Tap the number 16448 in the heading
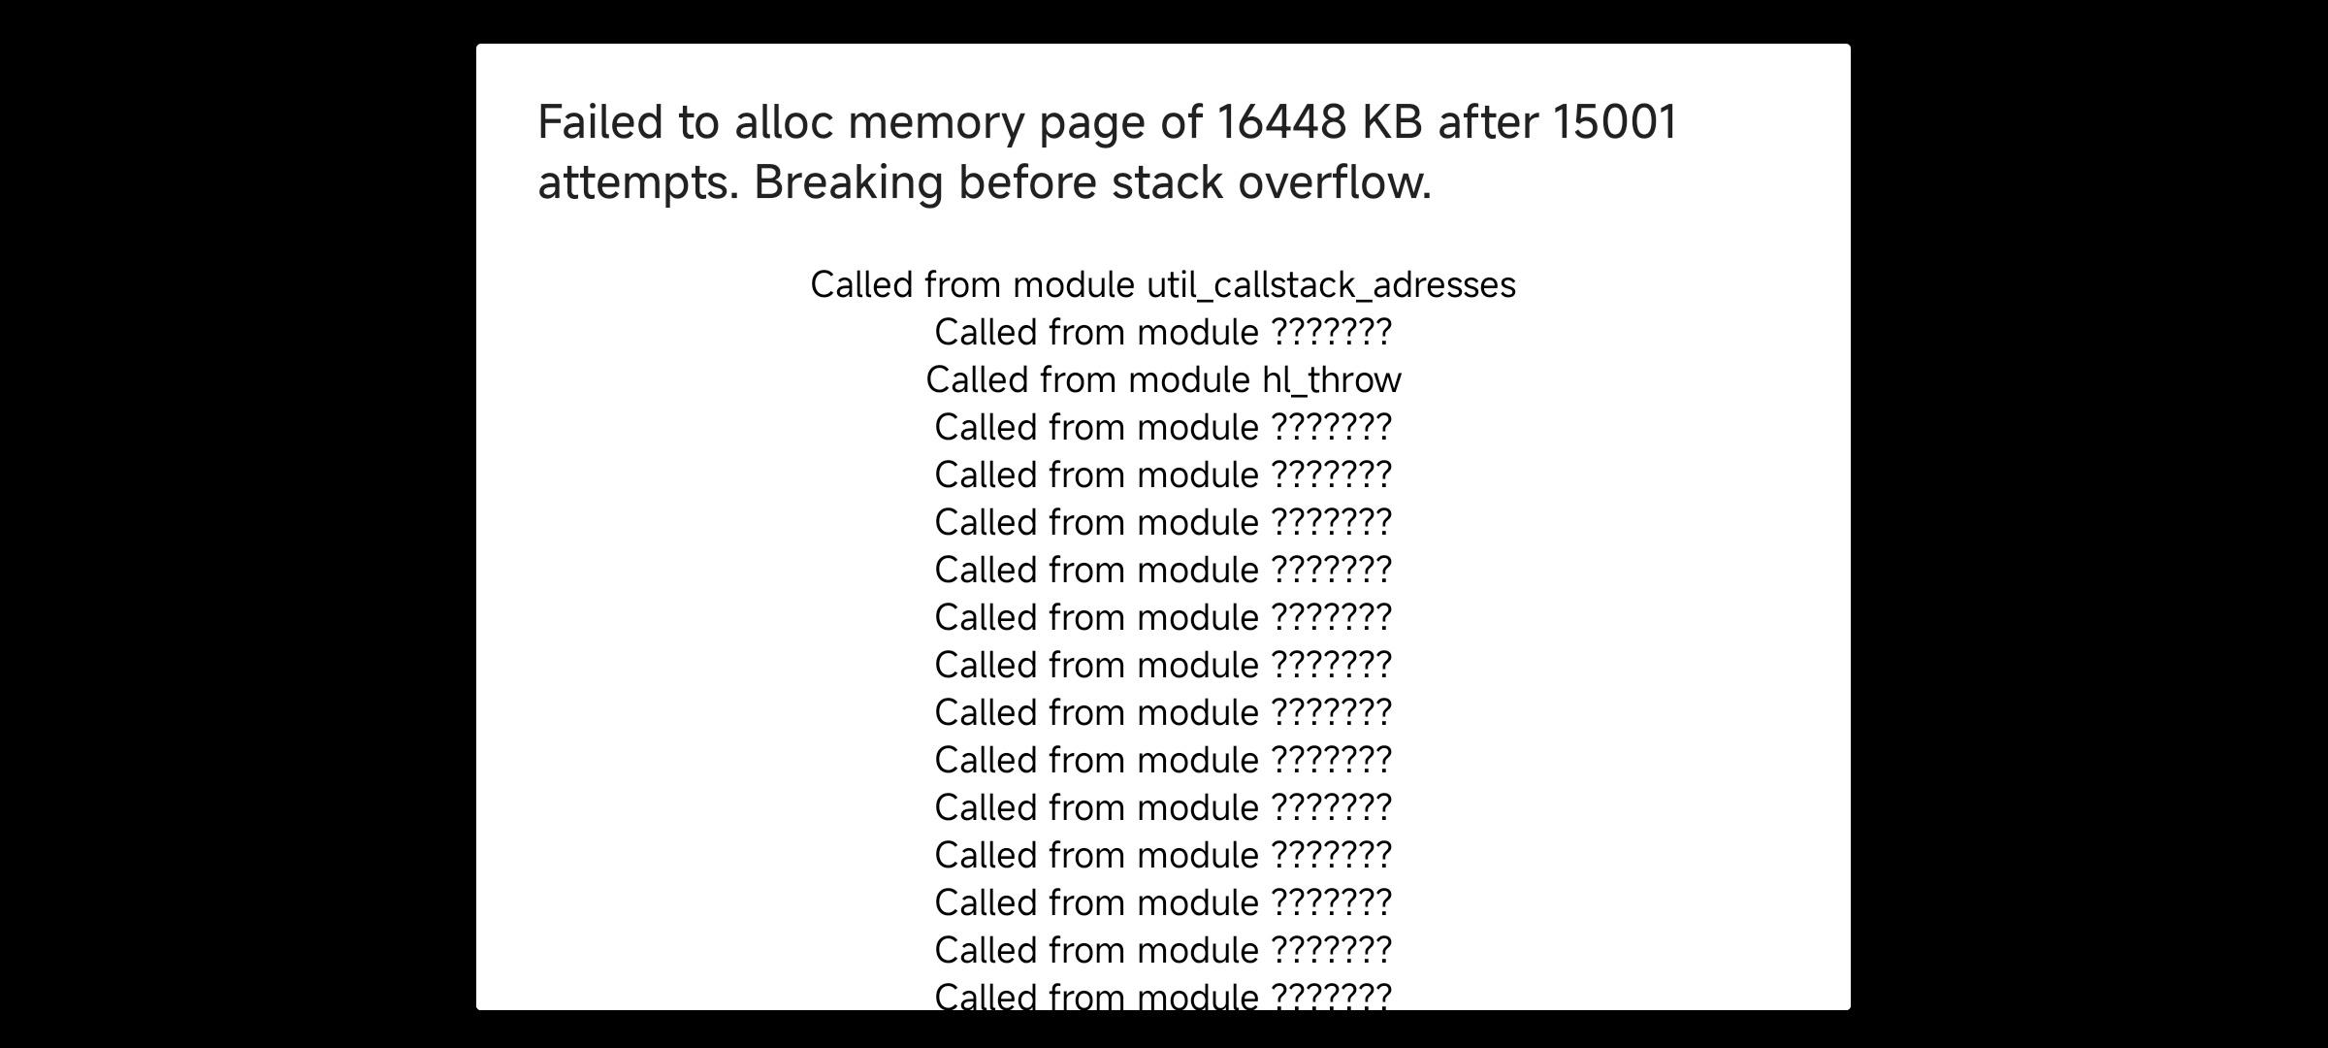tap(1281, 122)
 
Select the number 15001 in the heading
tap(1615, 122)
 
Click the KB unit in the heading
tap(1392, 122)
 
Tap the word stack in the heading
tap(1167, 181)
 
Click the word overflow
tap(1335, 181)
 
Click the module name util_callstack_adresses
tap(1331, 285)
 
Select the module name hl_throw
tap(1332, 380)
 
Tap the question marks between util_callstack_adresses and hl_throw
tap(1332, 332)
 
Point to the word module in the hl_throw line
tap(1189, 379)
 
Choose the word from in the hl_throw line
tap(1078, 379)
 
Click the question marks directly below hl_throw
tap(1332, 427)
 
